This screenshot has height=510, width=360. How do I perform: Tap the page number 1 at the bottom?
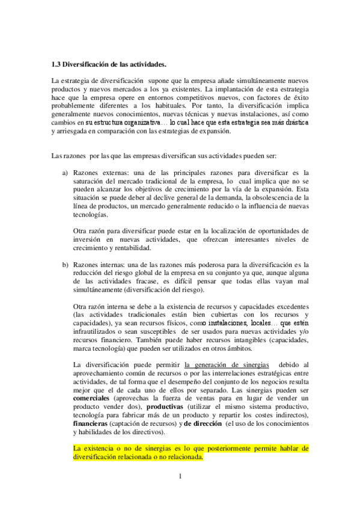(179, 477)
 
